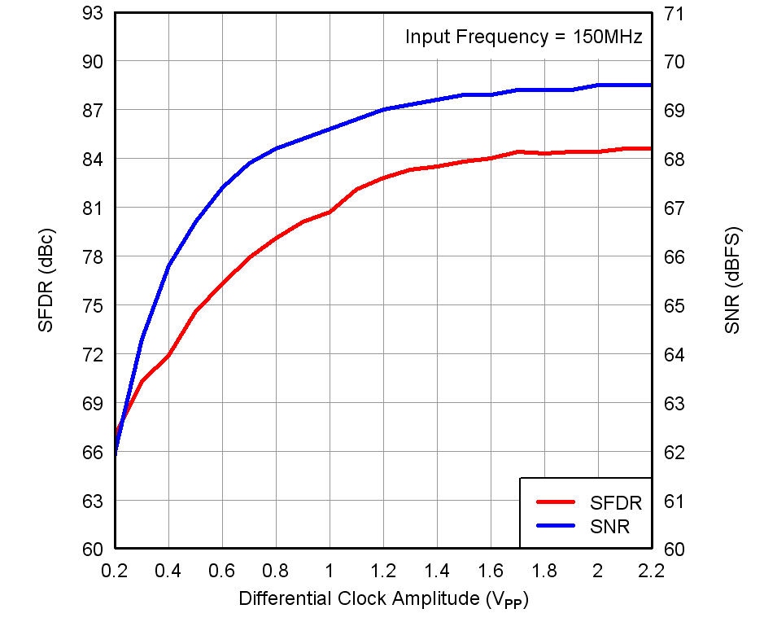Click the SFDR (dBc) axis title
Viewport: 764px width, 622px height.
click(46, 280)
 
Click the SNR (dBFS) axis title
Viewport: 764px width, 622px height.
click(732, 280)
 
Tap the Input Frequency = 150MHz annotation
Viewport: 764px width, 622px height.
click(524, 37)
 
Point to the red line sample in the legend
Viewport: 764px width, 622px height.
click(555, 503)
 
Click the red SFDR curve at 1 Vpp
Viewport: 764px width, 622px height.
click(330, 212)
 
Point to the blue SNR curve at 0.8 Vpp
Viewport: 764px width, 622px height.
click(276, 149)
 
